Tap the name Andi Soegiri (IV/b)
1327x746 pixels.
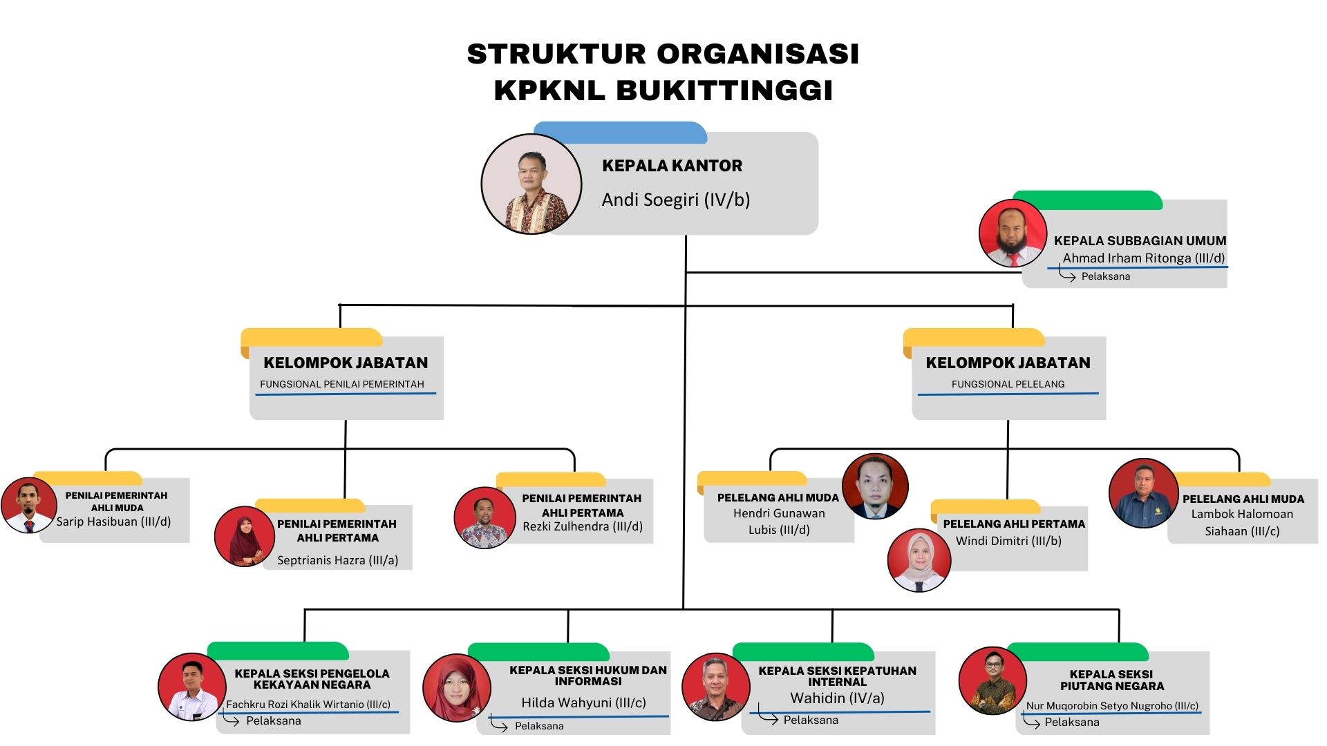pyautogui.click(x=675, y=200)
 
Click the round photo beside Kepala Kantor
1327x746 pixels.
pyautogui.click(x=531, y=184)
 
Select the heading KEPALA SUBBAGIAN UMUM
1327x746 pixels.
pyautogui.click(x=1140, y=241)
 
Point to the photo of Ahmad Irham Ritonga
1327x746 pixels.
pyautogui.click(x=1013, y=233)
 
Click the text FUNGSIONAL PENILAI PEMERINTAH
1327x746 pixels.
pyautogui.click(x=342, y=384)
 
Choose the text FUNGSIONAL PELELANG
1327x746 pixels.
pyautogui.click(x=1008, y=384)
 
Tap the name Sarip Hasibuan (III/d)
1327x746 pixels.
pyautogui.click(x=113, y=522)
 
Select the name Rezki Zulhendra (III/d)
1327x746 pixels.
pyautogui.click(x=583, y=526)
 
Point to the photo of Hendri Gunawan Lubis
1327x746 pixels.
pyautogui.click(x=875, y=486)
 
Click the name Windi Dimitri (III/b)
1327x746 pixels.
pyautogui.click(x=1008, y=541)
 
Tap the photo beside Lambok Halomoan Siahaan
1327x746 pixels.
pyautogui.click(x=1143, y=493)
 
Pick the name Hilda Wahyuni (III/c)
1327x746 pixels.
pyautogui.click(x=583, y=702)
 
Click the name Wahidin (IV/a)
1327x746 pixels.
pyautogui.click(x=837, y=698)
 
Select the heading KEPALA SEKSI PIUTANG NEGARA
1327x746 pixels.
pyautogui.click(x=1111, y=680)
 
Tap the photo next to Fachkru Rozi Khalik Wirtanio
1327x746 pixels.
pyautogui.click(x=192, y=687)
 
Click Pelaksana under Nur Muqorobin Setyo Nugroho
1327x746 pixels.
pyautogui.click(x=1071, y=722)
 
